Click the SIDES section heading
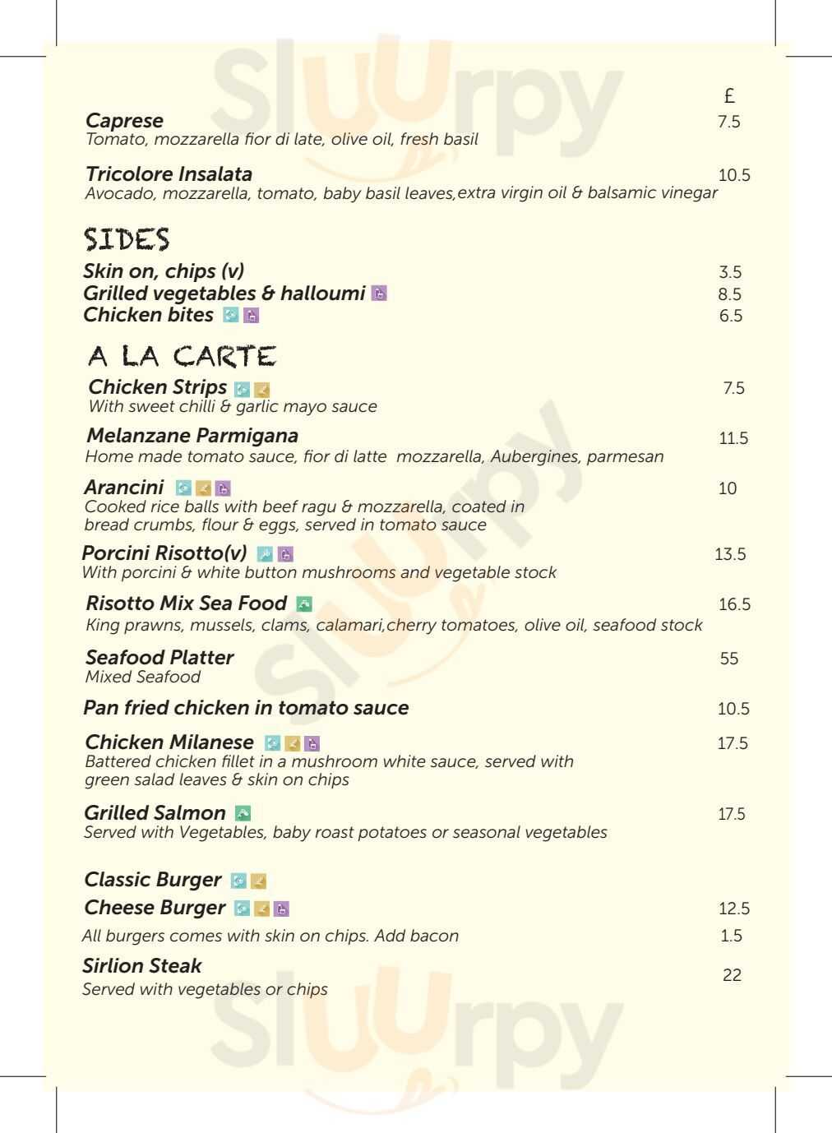pyautogui.click(x=126, y=239)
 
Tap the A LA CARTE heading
pyautogui.click(x=182, y=357)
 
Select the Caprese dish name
pyautogui.click(x=124, y=121)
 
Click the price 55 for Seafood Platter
pyautogui.click(x=728, y=659)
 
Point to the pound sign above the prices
pyautogui.click(x=728, y=96)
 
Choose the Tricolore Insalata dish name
pyautogui.click(x=169, y=174)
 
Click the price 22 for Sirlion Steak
pyautogui.click(x=732, y=975)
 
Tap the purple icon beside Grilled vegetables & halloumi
pyautogui.click(x=379, y=294)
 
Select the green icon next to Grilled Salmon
pyautogui.click(x=243, y=813)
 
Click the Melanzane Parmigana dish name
pyautogui.click(x=192, y=436)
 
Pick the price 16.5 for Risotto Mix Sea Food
pyautogui.click(x=734, y=604)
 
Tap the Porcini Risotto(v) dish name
pyautogui.click(x=164, y=553)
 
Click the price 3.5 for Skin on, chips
pyautogui.click(x=730, y=272)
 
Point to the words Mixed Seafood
pyautogui.click(x=143, y=677)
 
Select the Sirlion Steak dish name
pyautogui.click(x=141, y=965)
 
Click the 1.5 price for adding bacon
pyautogui.click(x=731, y=936)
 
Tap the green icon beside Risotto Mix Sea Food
pyautogui.click(x=304, y=603)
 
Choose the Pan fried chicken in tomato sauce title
pyautogui.click(x=246, y=708)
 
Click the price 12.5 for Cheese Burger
pyautogui.click(x=733, y=909)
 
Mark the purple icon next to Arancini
pyautogui.click(x=223, y=488)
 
